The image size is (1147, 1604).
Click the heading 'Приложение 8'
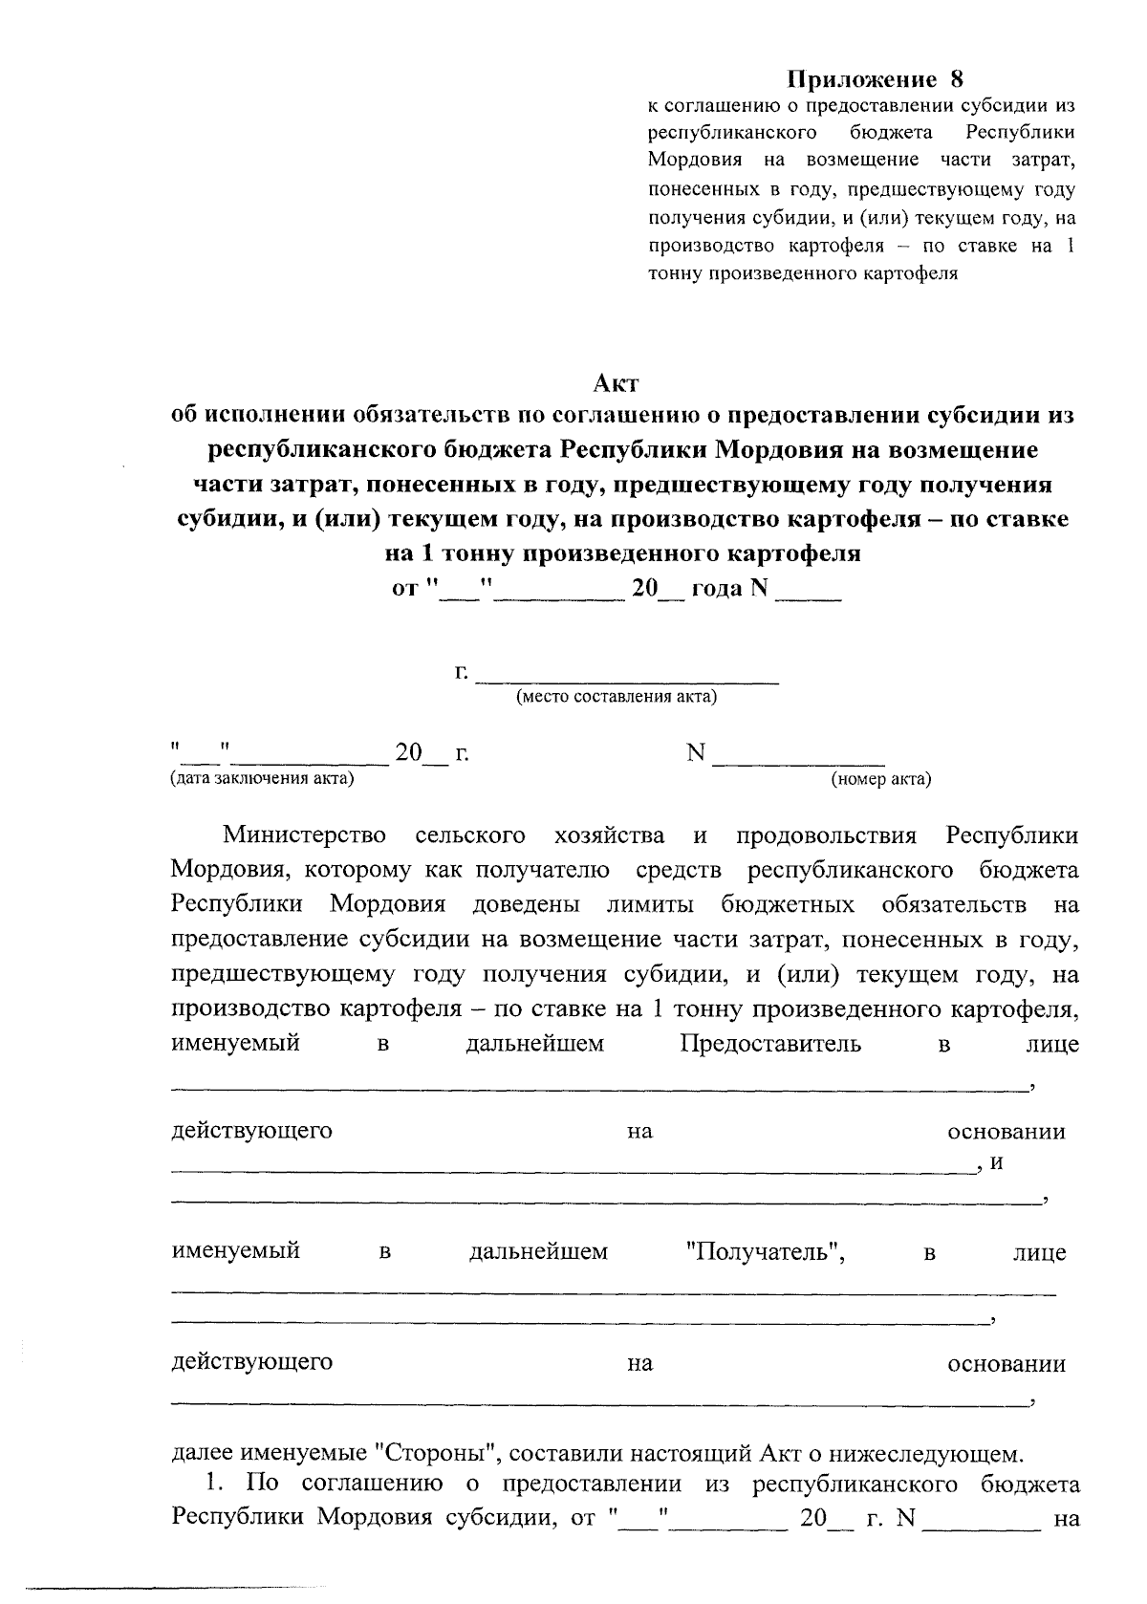pos(876,79)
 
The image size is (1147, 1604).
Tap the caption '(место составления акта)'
pos(617,697)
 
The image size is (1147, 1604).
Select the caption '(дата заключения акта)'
pos(261,779)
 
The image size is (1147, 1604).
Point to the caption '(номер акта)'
pos(880,779)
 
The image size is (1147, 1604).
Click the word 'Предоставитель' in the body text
pos(770,1043)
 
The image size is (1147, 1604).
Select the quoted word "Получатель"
pos(766,1251)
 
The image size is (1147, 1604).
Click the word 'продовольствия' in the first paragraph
pos(826,835)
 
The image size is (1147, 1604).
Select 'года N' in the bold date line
pos(729,589)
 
